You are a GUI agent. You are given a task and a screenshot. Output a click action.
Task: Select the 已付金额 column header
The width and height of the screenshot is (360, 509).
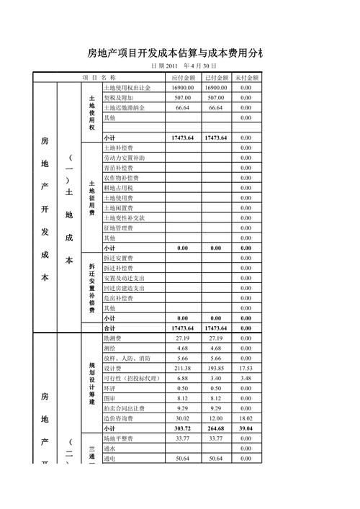click(x=216, y=77)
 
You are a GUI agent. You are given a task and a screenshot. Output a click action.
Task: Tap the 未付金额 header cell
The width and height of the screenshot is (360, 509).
click(x=246, y=77)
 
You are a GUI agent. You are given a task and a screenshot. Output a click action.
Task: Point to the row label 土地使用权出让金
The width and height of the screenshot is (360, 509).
click(x=127, y=87)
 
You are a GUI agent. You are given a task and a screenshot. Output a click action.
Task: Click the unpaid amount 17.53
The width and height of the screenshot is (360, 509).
click(x=246, y=368)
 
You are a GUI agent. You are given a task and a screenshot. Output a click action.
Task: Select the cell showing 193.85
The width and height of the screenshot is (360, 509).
click(x=216, y=368)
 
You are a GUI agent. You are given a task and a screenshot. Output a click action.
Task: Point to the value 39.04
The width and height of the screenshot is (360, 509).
click(x=246, y=428)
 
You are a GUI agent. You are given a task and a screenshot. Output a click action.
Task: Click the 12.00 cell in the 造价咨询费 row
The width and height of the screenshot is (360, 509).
click(x=216, y=418)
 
